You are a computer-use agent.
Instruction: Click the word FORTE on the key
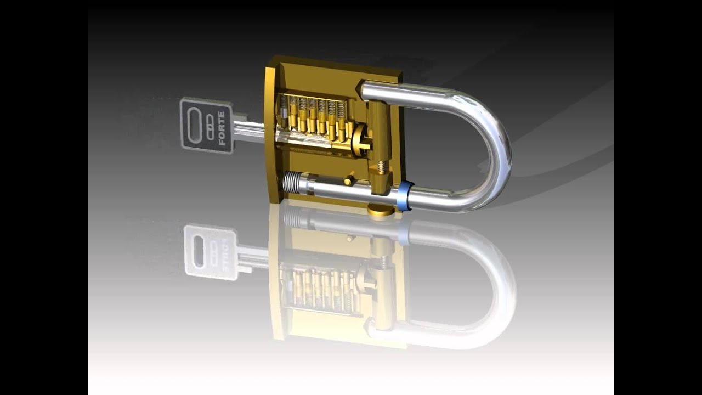(x=222, y=128)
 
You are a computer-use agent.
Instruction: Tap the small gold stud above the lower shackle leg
(x=349, y=179)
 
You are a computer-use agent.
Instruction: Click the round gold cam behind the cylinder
(x=360, y=139)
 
